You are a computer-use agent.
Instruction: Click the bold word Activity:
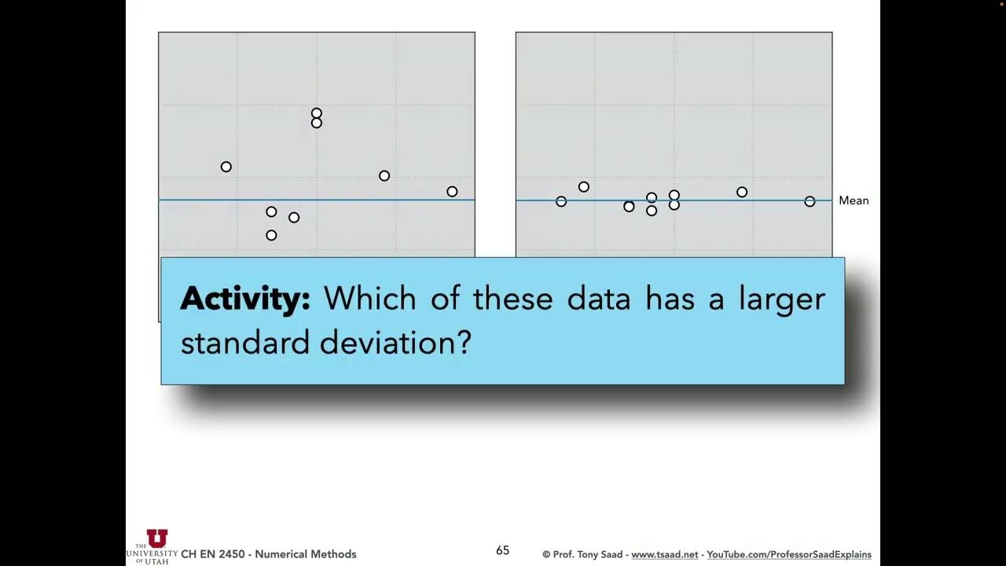point(245,300)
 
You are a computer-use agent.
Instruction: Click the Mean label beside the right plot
point(854,200)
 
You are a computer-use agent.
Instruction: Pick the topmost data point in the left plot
point(317,113)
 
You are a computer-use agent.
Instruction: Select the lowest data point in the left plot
point(271,235)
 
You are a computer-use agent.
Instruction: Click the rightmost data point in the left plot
point(452,191)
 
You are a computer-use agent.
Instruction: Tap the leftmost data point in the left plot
point(226,167)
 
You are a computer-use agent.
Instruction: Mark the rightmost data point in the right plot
point(810,201)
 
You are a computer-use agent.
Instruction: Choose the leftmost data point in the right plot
point(561,201)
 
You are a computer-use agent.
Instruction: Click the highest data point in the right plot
point(584,186)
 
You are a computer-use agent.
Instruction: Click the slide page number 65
point(503,550)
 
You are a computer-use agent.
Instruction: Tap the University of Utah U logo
point(157,538)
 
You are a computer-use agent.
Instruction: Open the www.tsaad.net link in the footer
point(664,554)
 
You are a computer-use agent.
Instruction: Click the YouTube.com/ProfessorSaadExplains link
point(788,554)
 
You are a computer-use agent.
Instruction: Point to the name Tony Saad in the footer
point(602,554)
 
